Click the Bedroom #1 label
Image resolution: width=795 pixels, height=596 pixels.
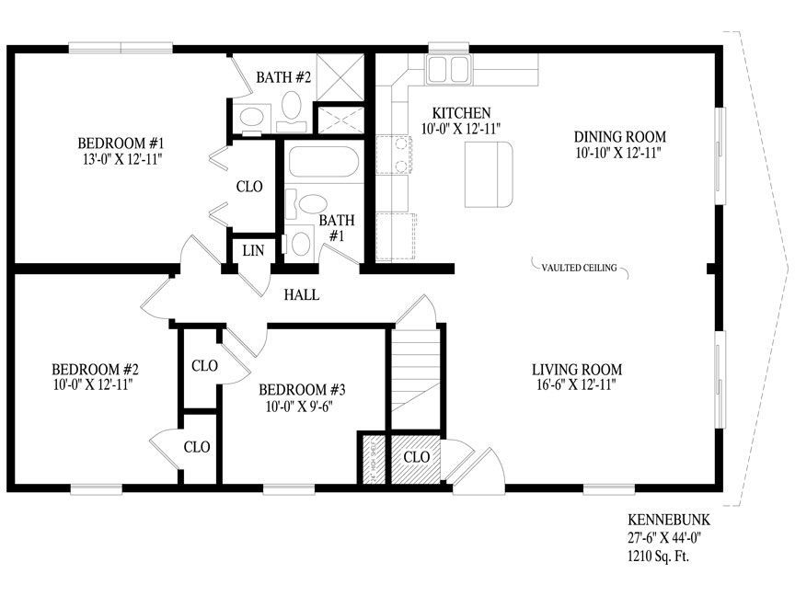121,143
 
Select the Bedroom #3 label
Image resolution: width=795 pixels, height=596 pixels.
302,388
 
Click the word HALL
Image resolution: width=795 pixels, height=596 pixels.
301,295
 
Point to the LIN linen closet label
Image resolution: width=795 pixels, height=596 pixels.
253,250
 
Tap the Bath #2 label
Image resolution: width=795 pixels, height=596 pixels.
283,77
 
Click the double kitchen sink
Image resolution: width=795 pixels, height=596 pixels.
448,67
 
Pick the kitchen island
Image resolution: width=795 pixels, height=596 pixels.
488,176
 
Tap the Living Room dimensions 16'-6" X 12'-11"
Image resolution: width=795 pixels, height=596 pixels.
576,386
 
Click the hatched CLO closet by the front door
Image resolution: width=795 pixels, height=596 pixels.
417,456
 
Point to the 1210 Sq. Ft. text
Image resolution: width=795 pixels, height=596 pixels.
659,556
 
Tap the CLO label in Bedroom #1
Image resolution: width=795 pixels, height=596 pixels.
249,186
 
